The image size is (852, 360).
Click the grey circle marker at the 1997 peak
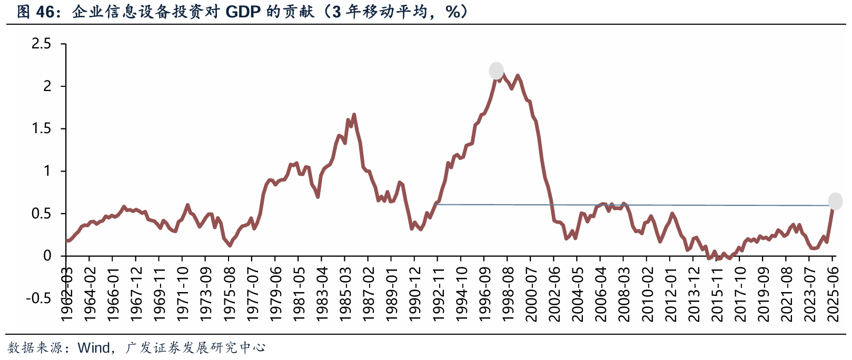click(x=496, y=71)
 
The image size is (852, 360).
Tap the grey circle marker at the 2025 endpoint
click(x=835, y=201)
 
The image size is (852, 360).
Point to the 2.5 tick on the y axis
click(x=42, y=44)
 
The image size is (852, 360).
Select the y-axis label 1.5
click(x=42, y=128)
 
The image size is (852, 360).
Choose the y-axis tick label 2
click(x=47, y=86)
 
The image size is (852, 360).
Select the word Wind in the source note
click(x=93, y=347)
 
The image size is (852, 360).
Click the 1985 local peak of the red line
click(x=353, y=114)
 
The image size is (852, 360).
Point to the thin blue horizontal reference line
click(x=632, y=205)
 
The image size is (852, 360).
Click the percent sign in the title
click(x=452, y=12)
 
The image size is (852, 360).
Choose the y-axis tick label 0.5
click(x=42, y=214)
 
